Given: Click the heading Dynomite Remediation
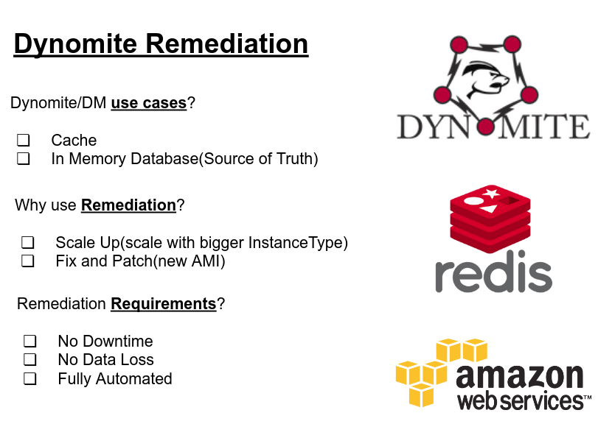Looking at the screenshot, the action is (161, 44).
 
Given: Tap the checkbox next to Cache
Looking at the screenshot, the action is (24, 140).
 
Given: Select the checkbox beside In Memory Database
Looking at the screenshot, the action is (24, 158).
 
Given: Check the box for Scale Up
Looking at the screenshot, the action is (28, 242).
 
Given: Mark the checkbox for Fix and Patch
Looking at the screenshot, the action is (28, 261).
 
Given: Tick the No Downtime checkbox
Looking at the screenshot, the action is (30, 341).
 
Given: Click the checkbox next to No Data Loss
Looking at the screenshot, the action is (30, 360).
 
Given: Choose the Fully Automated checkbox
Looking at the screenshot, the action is (30, 379).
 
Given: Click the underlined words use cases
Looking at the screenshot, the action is (148, 103).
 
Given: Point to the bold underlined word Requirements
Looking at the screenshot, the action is (163, 304).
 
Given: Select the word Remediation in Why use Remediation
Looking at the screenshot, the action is (128, 205).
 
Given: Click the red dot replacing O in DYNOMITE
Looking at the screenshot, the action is (485, 127).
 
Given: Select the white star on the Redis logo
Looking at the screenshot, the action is (491, 194).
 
